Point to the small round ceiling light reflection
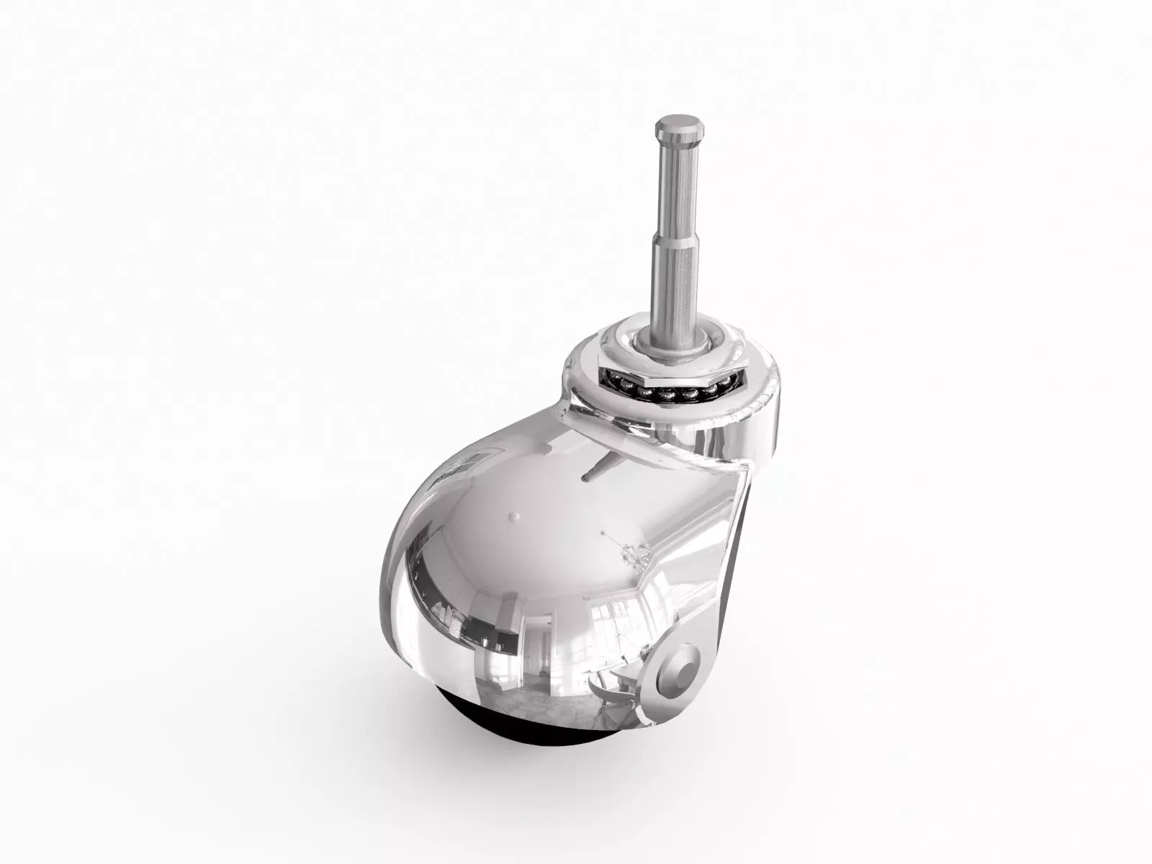(x=513, y=516)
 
